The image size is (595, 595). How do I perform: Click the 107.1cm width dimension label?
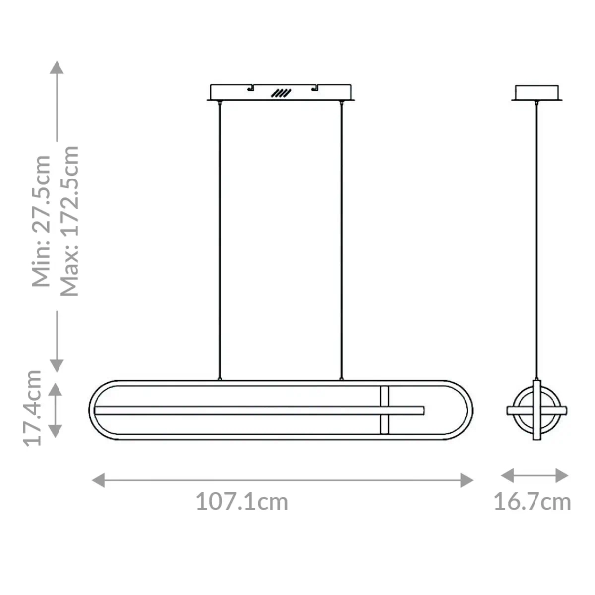[241, 502]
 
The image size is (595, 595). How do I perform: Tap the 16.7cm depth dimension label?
[533, 502]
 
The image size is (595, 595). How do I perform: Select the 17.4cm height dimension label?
[34, 409]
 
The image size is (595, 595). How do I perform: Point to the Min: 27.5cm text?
[41, 220]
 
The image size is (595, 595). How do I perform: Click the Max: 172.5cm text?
[69, 220]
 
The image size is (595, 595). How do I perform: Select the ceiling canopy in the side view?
[536, 93]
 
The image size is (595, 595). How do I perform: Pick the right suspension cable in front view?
[343, 238]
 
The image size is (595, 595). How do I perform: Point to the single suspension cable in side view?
[536, 238]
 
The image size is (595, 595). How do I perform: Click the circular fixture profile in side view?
[536, 410]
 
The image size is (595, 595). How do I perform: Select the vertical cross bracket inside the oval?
[385, 410]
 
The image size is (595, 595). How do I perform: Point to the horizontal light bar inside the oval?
[258, 409]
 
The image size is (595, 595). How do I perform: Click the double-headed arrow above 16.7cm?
[534, 477]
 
